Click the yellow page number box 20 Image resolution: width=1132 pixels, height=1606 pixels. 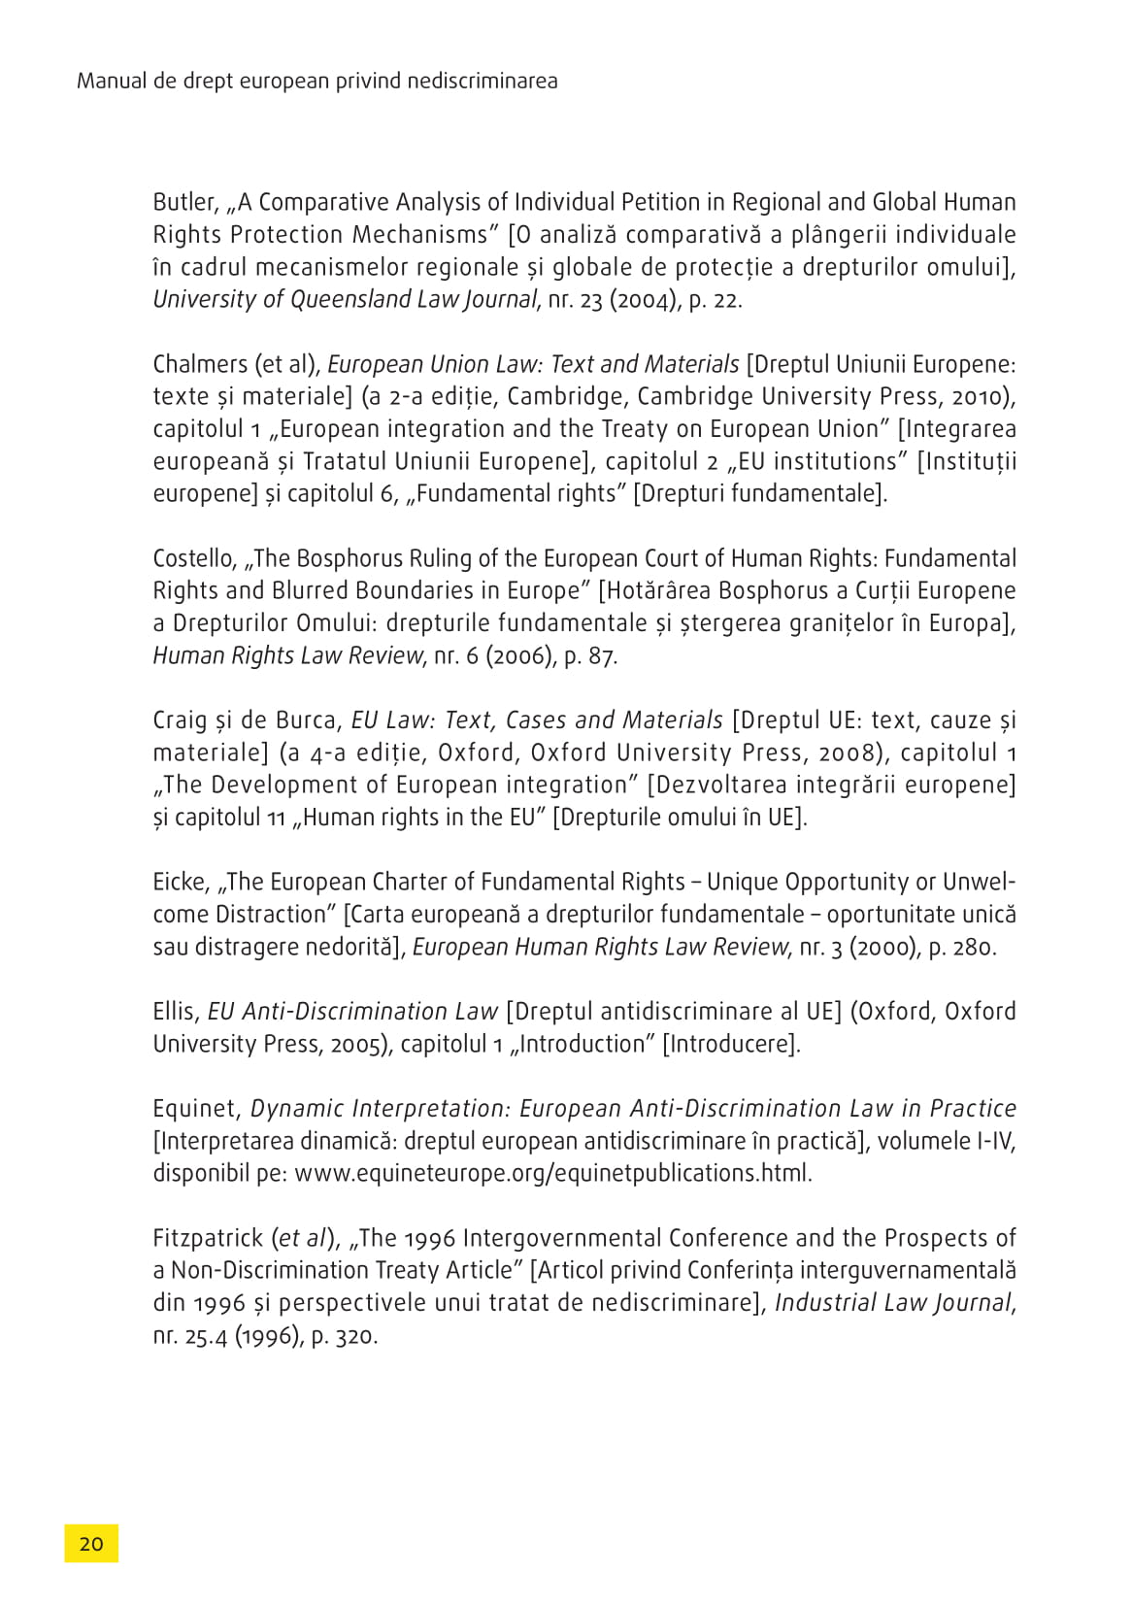(91, 1544)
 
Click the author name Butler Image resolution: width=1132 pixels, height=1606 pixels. (183, 203)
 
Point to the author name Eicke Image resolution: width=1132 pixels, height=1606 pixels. (180, 883)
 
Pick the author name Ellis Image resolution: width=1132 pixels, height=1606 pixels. (175, 1012)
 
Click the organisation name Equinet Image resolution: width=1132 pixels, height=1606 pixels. (195, 1109)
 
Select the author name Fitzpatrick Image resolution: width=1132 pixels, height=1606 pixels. (208, 1239)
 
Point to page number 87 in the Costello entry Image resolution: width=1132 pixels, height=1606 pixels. (601, 656)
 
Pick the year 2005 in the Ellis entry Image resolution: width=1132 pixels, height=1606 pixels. (357, 1045)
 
